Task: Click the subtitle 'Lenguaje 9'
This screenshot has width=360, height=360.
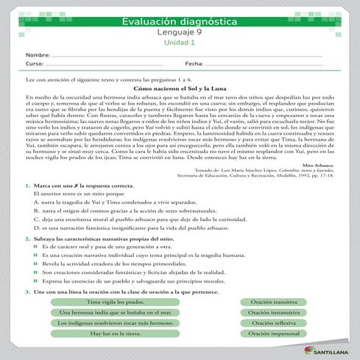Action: pyautogui.click(x=180, y=33)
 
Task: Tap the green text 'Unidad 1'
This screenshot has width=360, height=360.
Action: pyautogui.click(x=180, y=43)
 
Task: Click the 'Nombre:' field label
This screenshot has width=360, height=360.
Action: pyautogui.click(x=38, y=56)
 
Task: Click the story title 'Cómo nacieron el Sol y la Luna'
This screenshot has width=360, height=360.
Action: pyautogui.click(x=180, y=88)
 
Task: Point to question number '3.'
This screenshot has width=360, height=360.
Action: pyautogui.click(x=27, y=292)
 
